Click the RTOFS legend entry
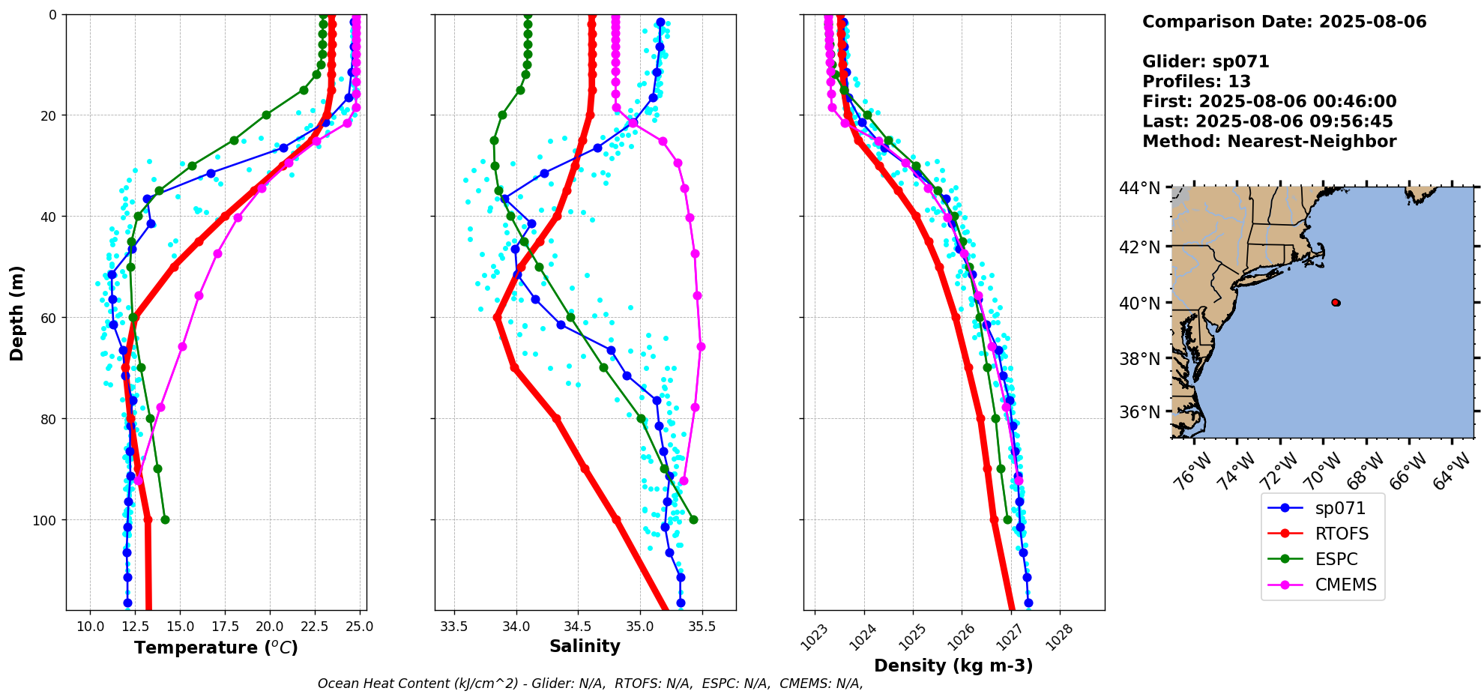(x=1342, y=534)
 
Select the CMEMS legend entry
(x=1345, y=585)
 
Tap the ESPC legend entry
(x=1336, y=559)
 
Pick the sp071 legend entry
(x=1340, y=508)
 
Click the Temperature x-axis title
(x=216, y=648)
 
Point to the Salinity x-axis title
(x=585, y=647)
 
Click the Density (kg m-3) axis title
(x=953, y=666)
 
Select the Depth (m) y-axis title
(x=16, y=313)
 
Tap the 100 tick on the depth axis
(x=46, y=520)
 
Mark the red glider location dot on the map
(x=1336, y=303)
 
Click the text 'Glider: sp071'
(x=1205, y=61)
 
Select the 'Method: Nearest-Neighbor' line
(x=1269, y=142)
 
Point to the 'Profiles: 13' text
(x=1196, y=82)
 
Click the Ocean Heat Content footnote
(x=590, y=684)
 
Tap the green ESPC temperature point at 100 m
(x=165, y=519)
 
